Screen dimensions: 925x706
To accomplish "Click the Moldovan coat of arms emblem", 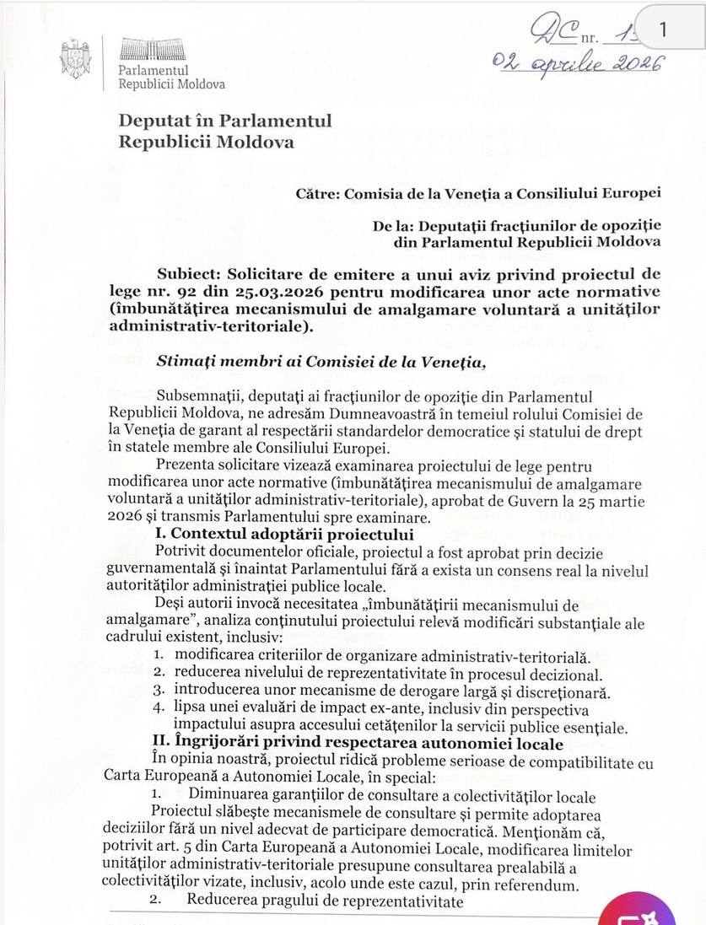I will pyautogui.click(x=75, y=58).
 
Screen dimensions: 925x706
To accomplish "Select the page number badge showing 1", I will pyautogui.click(x=663, y=29).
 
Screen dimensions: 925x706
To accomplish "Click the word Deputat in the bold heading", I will pyautogui.click(x=154, y=121).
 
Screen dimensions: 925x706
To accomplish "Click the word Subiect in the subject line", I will pyautogui.click(x=191, y=275).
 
